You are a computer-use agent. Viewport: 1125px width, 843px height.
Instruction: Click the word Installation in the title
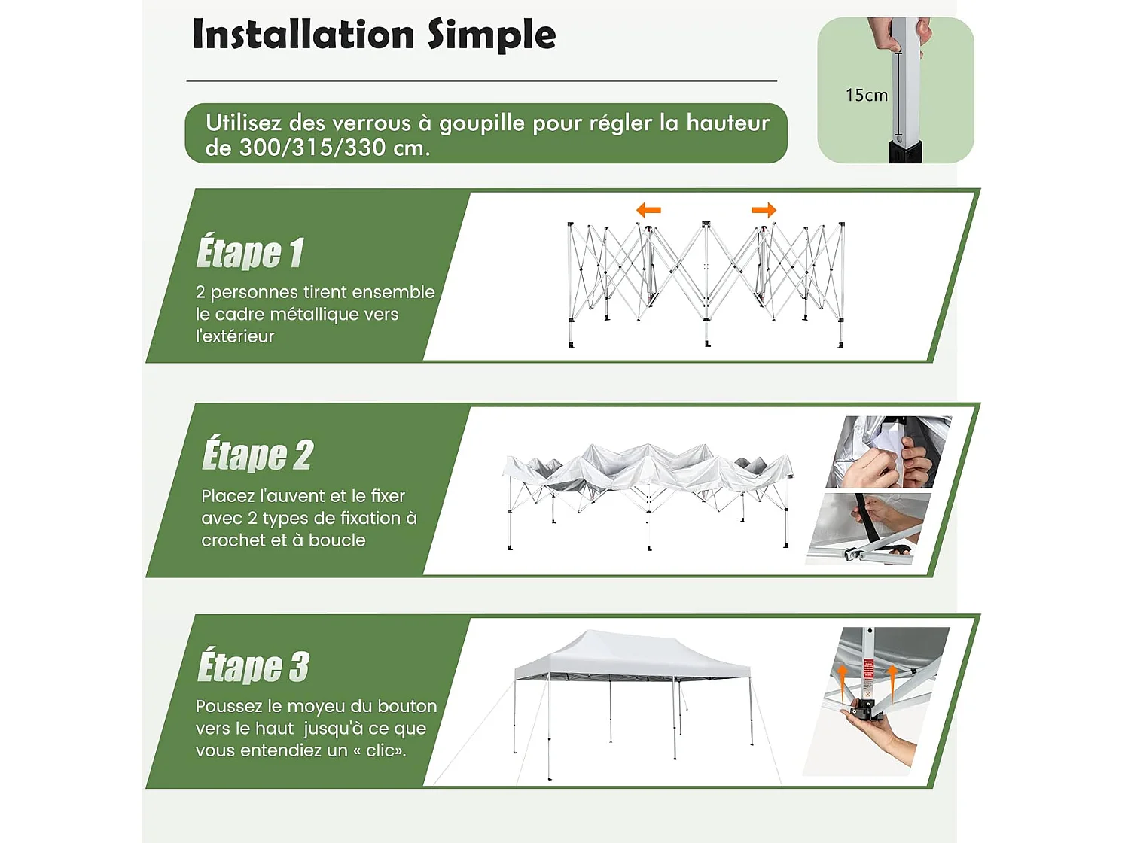303,35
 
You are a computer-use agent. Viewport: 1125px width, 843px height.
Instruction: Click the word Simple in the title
492,35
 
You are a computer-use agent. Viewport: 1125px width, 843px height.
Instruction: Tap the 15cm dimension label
866,96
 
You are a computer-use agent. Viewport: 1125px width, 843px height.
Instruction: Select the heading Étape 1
250,252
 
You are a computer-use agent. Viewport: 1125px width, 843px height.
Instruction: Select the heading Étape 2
257,455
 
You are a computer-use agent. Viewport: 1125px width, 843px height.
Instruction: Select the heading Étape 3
253,666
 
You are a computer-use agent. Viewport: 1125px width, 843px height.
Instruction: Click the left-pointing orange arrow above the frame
648,210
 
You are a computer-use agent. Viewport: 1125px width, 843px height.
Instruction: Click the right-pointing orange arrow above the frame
764,210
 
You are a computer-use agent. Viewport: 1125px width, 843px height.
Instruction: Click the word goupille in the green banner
482,123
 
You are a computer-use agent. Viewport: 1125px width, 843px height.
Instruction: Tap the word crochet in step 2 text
233,540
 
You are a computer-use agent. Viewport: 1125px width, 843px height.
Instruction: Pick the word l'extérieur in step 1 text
235,336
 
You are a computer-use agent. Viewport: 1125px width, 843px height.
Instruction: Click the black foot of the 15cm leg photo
904,153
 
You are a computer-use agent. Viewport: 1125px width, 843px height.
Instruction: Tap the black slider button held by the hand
864,710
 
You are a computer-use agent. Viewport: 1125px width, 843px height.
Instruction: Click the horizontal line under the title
481,81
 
